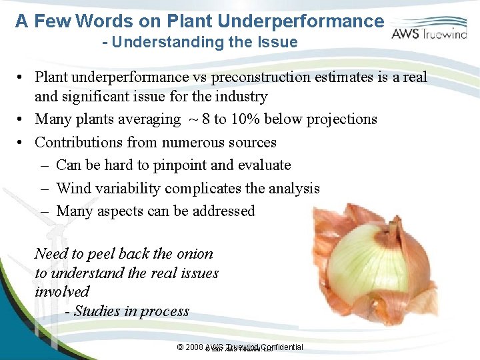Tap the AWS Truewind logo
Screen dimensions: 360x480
pyautogui.click(x=428, y=31)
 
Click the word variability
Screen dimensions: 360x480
pyautogui.click(x=129, y=189)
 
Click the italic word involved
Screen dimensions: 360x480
pyautogui.click(x=62, y=292)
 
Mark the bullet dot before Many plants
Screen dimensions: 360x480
pyautogui.click(x=22, y=120)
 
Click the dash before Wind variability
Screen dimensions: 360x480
pyautogui.click(x=45, y=189)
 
